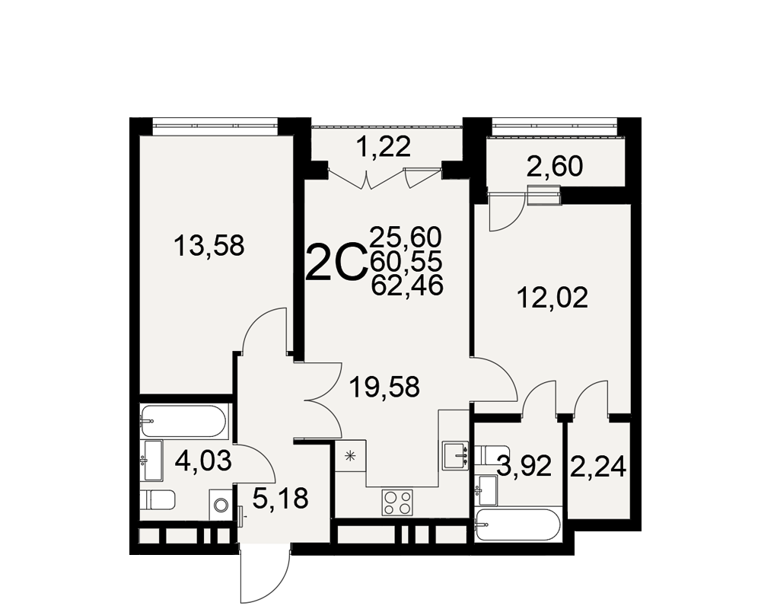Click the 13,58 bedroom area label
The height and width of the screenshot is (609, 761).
[209, 246]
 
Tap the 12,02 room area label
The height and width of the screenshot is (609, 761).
[552, 298]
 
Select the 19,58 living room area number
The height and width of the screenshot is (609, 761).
[384, 388]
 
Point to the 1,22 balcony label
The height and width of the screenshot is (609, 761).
[384, 146]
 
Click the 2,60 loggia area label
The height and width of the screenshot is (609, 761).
[554, 167]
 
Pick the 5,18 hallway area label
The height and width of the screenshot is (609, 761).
[281, 499]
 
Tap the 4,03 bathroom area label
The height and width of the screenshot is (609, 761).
[203, 461]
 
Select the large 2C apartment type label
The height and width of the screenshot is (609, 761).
[336, 263]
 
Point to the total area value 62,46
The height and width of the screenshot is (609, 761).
[406, 285]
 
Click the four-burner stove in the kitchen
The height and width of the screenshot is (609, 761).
[398, 502]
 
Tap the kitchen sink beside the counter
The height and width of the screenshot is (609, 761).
[455, 455]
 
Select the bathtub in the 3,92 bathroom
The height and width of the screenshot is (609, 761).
[518, 525]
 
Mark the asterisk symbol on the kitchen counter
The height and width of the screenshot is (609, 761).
[350, 456]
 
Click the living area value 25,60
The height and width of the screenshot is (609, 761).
[406, 238]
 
